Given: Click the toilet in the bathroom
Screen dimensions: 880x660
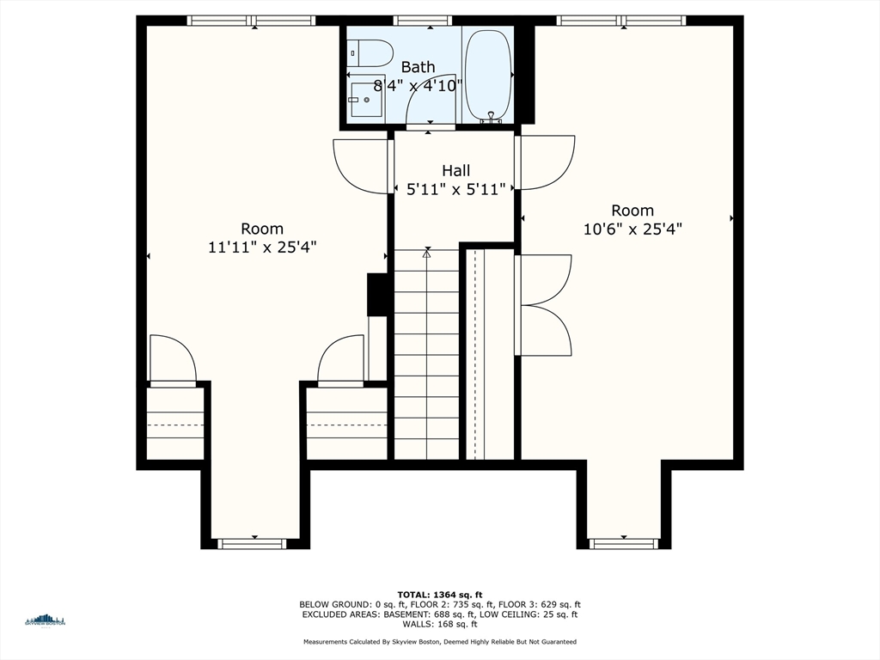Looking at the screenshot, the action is tap(370, 53).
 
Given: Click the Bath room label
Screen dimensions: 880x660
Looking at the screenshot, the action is tap(419, 67).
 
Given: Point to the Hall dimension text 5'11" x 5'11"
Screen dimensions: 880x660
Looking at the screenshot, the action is tap(456, 189).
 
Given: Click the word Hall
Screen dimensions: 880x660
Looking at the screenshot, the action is tap(456, 171).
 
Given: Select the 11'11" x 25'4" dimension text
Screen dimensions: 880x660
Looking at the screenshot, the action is tap(262, 247).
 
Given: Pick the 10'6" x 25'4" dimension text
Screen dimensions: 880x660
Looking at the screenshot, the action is tap(632, 229).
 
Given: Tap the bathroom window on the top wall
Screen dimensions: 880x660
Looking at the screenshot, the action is tap(423, 21).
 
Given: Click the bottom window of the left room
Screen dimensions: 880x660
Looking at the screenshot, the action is tap(252, 543).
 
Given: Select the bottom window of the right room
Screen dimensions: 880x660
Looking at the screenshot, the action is tap(624, 543).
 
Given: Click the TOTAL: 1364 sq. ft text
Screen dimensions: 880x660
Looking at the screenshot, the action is tap(440, 595).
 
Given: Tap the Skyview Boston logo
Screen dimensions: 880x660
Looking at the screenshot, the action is tap(46, 620).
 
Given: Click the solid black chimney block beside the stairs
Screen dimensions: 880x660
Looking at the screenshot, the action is tap(377, 295).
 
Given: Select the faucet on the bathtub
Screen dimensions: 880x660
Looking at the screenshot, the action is tap(491, 117).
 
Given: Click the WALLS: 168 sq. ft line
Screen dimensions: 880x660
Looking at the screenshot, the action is tap(440, 624).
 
